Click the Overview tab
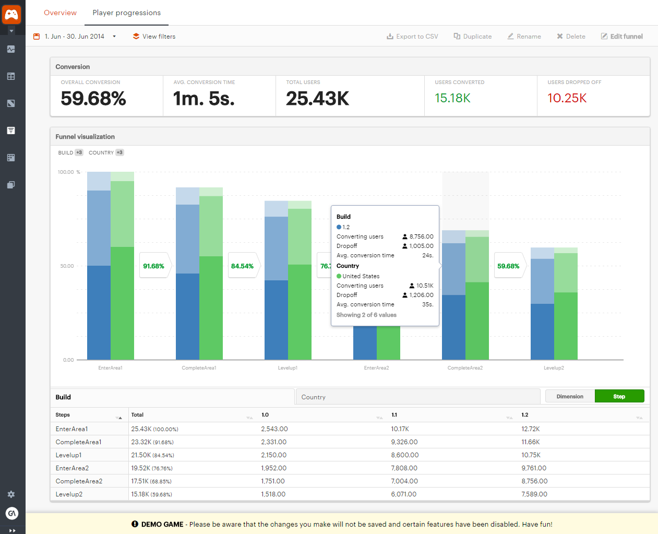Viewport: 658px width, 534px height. tap(60, 13)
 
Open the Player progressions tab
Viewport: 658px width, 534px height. tap(126, 13)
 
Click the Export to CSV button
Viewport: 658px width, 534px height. tap(412, 37)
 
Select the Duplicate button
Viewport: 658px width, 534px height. tap(473, 37)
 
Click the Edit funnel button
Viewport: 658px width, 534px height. tap(622, 37)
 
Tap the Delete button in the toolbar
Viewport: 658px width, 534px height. tap(571, 37)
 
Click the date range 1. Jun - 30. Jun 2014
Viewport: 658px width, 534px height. tap(74, 37)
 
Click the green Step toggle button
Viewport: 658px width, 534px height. tap(619, 396)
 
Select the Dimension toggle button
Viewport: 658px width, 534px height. tap(570, 396)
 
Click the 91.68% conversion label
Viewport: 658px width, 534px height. tap(154, 266)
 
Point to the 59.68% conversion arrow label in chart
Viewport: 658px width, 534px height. tap(508, 266)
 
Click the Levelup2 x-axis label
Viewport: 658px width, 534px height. tap(554, 368)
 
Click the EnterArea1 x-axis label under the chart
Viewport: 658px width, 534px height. tap(110, 368)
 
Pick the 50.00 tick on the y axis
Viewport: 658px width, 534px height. tap(67, 266)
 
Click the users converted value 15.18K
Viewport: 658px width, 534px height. tap(452, 98)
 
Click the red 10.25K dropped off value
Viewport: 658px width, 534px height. tap(567, 98)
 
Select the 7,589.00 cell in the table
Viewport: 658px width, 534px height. tap(534, 494)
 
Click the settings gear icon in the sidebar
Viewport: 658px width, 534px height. tap(11, 494)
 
